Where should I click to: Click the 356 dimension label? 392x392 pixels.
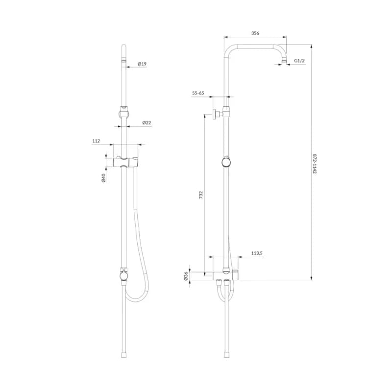coord(255,33)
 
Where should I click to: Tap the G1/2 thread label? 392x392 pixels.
coord(299,60)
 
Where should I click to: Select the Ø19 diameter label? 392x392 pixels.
coord(142,64)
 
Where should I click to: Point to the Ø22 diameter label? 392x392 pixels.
coord(147,122)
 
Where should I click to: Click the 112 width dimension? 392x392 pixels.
coord(96,141)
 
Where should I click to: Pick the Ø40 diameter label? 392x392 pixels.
coord(103,178)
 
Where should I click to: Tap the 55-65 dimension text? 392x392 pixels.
coord(198,93)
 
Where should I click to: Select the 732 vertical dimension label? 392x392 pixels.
coord(201,195)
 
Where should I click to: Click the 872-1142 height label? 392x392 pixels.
coord(314,164)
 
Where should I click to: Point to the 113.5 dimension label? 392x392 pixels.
coord(257,253)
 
